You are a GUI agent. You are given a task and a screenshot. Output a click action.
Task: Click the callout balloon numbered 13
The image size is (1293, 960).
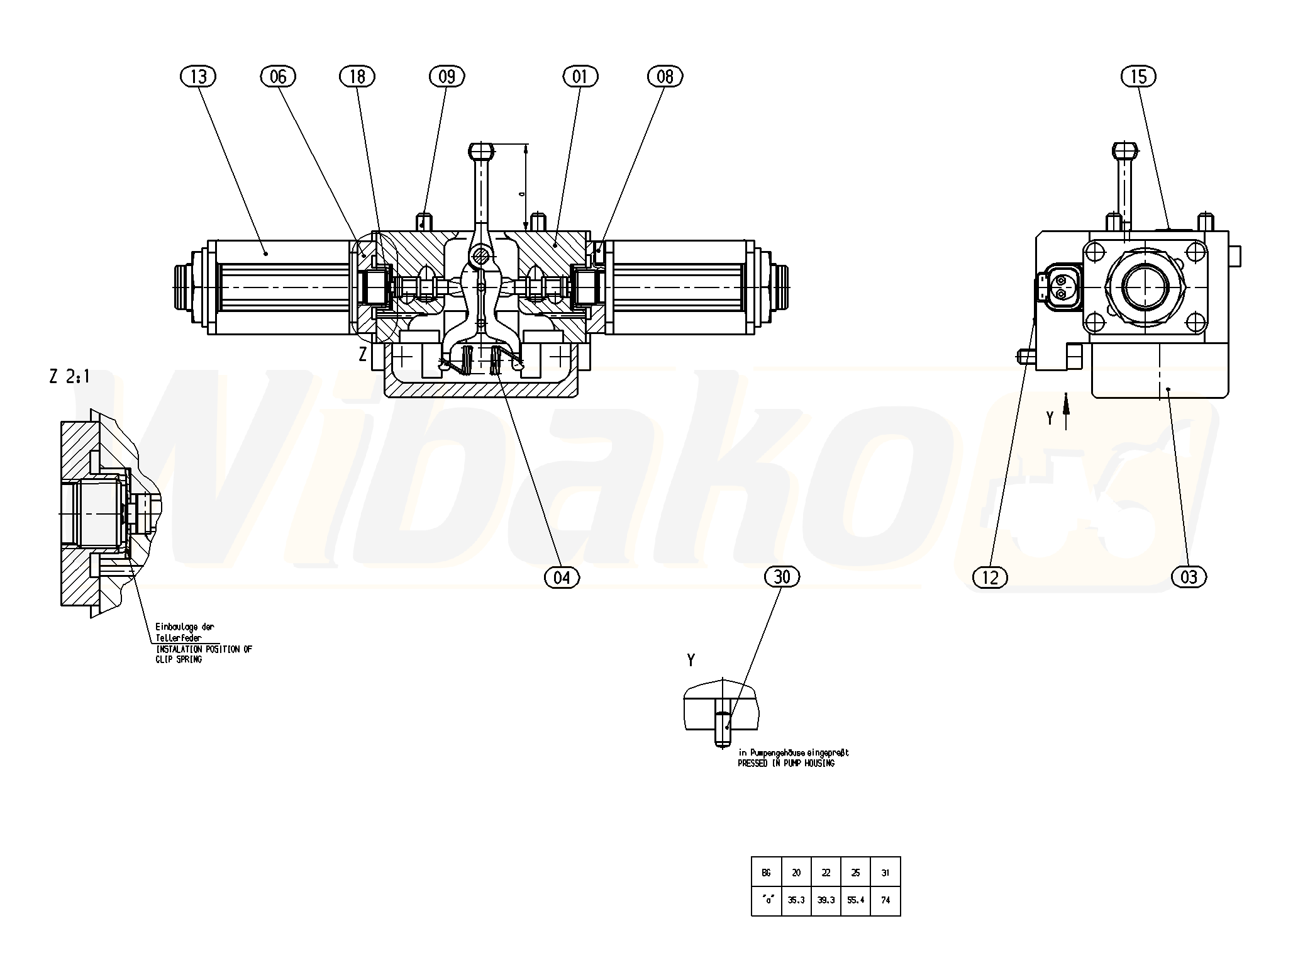click(198, 77)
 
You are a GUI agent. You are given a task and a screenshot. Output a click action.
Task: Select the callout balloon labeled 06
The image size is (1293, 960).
click(278, 77)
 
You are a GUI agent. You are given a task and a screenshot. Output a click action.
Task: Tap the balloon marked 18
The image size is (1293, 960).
click(357, 77)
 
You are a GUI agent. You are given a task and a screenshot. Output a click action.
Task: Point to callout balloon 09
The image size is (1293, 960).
click(447, 77)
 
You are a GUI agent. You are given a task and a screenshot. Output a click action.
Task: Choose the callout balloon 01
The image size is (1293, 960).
click(580, 77)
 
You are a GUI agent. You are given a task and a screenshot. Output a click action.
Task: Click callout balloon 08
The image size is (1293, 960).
click(665, 77)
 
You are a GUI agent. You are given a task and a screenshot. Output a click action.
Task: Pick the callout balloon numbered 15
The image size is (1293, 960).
click(1138, 77)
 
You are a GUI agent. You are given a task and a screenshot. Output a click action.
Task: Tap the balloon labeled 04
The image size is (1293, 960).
click(562, 577)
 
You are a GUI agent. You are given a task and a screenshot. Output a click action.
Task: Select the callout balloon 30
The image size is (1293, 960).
click(782, 576)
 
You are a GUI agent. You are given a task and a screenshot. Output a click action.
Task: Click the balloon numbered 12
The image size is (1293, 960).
click(990, 577)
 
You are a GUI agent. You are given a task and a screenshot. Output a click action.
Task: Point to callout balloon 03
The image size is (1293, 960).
click(1189, 577)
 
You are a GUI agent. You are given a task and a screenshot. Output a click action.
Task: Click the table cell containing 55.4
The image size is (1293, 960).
click(855, 900)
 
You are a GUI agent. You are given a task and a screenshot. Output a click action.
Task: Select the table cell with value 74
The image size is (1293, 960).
click(885, 900)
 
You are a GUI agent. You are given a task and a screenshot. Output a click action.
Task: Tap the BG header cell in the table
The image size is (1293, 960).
click(766, 873)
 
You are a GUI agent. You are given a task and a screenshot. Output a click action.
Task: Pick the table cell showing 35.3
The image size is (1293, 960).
click(796, 900)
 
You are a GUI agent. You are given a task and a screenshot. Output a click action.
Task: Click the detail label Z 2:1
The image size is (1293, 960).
click(69, 377)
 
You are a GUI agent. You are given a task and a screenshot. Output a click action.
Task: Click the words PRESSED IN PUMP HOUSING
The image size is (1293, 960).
click(786, 763)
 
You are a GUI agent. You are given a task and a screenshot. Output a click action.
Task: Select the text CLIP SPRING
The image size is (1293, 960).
click(179, 660)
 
